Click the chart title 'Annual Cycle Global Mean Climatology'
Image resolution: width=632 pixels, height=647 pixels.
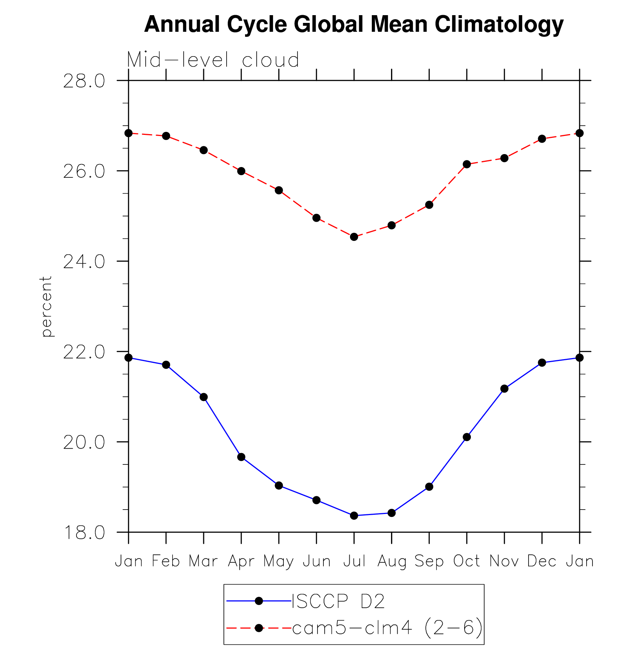[354, 24]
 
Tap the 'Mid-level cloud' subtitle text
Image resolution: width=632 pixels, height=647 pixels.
[213, 59]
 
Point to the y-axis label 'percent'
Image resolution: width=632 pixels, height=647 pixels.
[47, 306]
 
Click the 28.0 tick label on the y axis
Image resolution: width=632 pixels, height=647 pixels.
[84, 81]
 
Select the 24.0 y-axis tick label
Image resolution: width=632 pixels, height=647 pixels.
[84, 262]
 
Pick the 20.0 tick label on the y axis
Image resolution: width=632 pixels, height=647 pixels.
[84, 442]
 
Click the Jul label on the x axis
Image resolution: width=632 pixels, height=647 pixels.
[354, 561]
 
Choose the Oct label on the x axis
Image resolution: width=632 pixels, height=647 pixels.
[467, 561]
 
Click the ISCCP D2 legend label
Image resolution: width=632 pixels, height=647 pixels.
[338, 601]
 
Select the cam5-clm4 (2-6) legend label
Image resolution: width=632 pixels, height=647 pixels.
[387, 627]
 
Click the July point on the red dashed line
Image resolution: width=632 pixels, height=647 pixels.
[354, 236]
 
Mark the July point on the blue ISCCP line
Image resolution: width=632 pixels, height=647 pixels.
[354, 515]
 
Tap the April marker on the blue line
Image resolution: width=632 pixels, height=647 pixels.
[241, 457]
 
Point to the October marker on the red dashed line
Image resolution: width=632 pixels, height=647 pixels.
[467, 164]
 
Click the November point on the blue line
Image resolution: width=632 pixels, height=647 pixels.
[504, 389]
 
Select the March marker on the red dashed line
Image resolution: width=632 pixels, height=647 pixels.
[204, 150]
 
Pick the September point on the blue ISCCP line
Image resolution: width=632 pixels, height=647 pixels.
[429, 487]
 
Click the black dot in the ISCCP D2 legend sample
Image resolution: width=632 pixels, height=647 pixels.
[259, 601]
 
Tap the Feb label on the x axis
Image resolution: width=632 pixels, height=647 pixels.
[166, 561]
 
